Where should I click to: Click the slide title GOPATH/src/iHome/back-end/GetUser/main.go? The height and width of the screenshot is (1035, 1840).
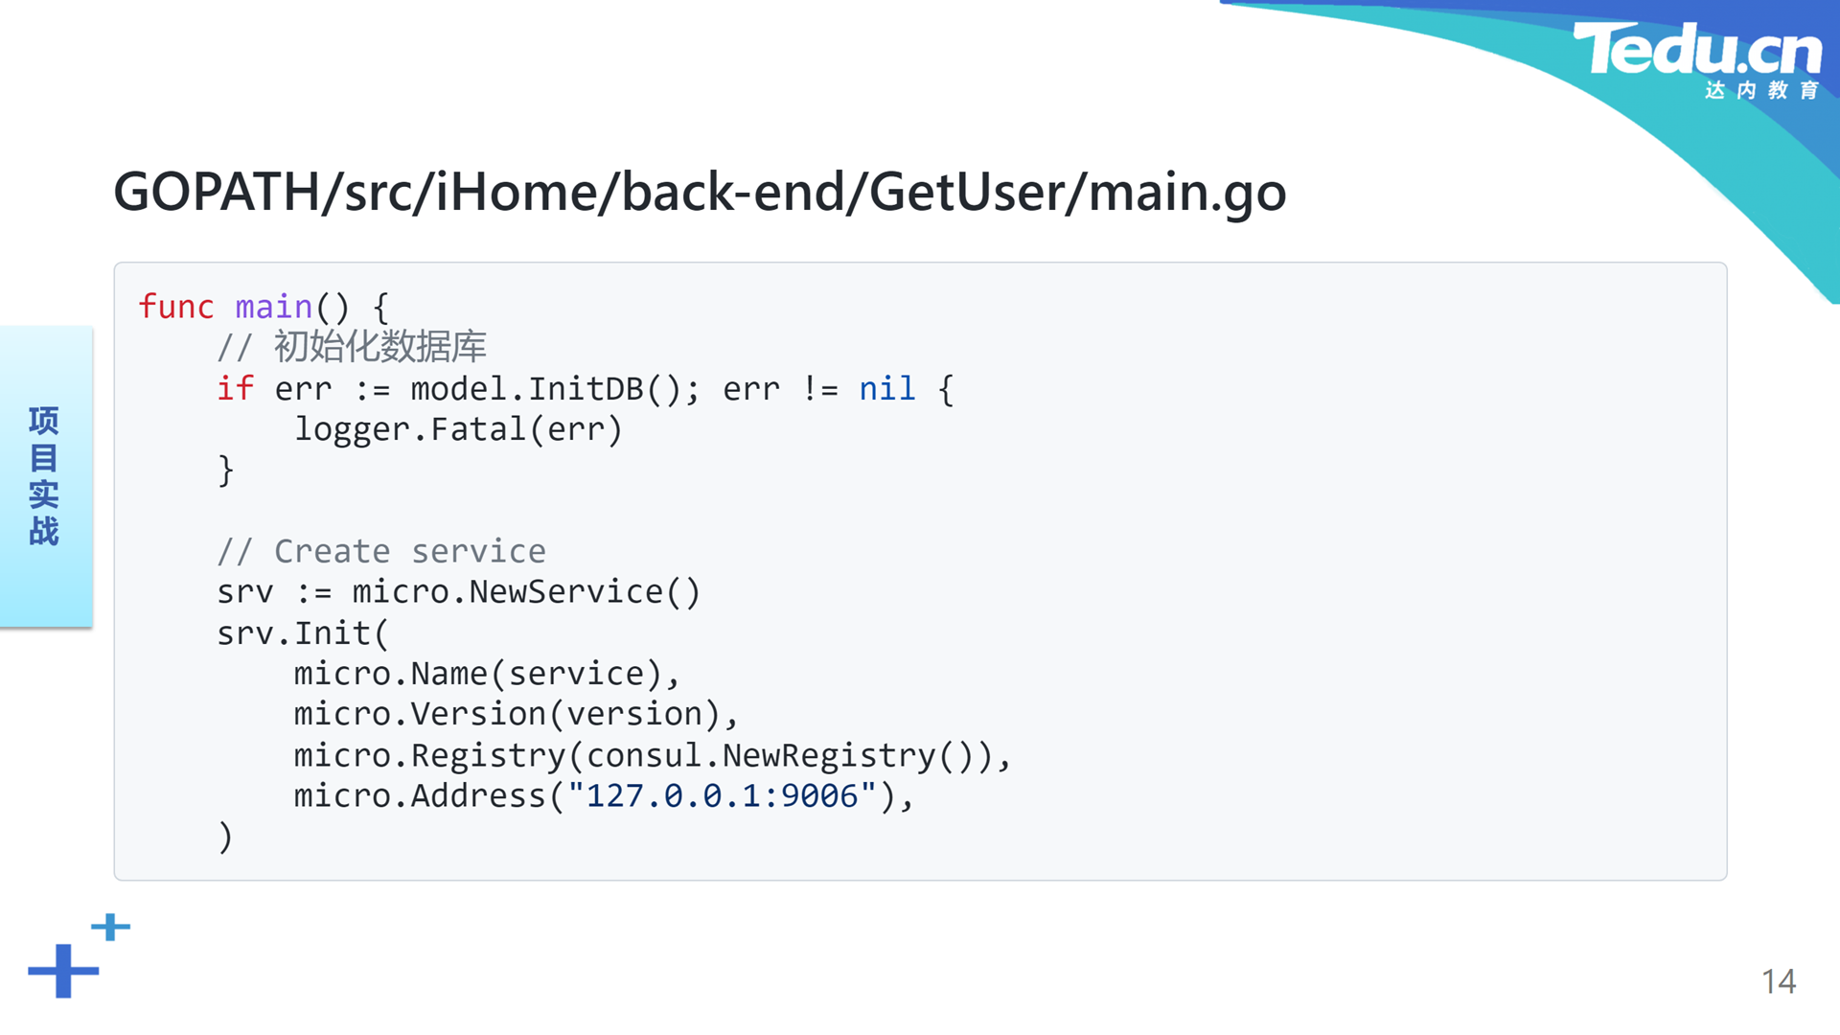pos(700,192)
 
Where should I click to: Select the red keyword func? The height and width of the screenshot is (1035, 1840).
pos(176,307)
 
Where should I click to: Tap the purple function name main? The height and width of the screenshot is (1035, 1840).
pos(274,307)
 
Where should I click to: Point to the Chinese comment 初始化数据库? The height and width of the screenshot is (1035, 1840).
pos(380,347)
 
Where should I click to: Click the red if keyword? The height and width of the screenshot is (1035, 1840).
pos(235,388)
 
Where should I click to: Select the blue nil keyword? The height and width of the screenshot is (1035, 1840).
pos(887,388)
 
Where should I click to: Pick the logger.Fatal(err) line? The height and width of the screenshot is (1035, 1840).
pos(458,429)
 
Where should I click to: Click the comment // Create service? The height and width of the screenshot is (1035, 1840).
pos(381,551)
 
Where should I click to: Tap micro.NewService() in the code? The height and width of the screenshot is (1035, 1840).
pos(526,592)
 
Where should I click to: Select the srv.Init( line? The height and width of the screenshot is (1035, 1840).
pos(303,633)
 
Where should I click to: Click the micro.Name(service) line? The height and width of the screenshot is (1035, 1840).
pos(487,674)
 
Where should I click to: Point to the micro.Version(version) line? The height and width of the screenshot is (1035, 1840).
pos(517,715)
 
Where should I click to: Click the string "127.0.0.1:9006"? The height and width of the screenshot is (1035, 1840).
pos(723,796)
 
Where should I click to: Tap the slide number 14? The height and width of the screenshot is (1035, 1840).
pos(1779,981)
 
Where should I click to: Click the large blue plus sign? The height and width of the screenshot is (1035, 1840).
pos(63,971)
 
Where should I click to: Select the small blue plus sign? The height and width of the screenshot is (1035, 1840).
pos(111,927)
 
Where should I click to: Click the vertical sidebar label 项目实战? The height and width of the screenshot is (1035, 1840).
pos(44,476)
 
